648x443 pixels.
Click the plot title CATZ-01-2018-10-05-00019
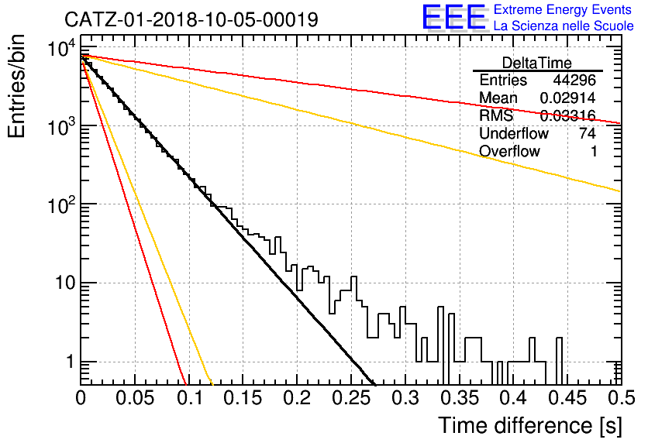[x=191, y=19]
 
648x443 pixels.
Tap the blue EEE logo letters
[x=453, y=17]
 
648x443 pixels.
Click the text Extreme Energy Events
[x=563, y=9]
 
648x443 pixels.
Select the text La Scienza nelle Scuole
[x=564, y=26]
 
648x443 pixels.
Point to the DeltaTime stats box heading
[x=537, y=63]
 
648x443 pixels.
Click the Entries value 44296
[x=574, y=80]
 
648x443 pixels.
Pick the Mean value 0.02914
[x=568, y=98]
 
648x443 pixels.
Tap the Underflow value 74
[x=588, y=133]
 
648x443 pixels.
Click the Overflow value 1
[x=594, y=152]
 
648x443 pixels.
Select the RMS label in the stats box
[x=496, y=115]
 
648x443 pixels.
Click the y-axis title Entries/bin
[x=16, y=86]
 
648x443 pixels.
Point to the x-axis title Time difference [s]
[x=530, y=425]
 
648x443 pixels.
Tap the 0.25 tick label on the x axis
[x=352, y=398]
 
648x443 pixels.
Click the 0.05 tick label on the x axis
[x=135, y=398]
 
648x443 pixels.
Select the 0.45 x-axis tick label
[x=568, y=398]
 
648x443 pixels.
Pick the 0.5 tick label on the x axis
[x=622, y=398]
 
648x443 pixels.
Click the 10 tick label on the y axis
[x=64, y=283]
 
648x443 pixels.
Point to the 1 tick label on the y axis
[x=70, y=362]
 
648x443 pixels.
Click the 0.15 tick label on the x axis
[x=243, y=398]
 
